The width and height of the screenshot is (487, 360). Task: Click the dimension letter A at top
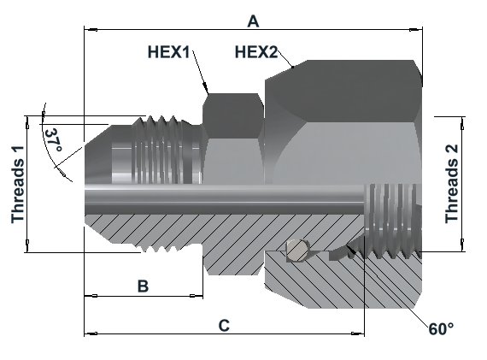[x=253, y=21]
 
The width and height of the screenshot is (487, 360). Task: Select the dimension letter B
[x=143, y=286]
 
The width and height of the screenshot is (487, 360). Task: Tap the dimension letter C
[x=224, y=326]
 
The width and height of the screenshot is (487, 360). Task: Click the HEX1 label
[x=168, y=51]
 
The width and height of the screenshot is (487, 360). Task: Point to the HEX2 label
[x=256, y=51]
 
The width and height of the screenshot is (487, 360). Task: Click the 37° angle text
[x=53, y=140]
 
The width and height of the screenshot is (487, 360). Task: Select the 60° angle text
[x=441, y=328]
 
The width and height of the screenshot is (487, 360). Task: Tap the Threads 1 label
[x=18, y=185]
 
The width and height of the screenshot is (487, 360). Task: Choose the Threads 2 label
[x=452, y=184]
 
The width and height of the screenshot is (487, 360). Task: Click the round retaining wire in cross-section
[x=297, y=250]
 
